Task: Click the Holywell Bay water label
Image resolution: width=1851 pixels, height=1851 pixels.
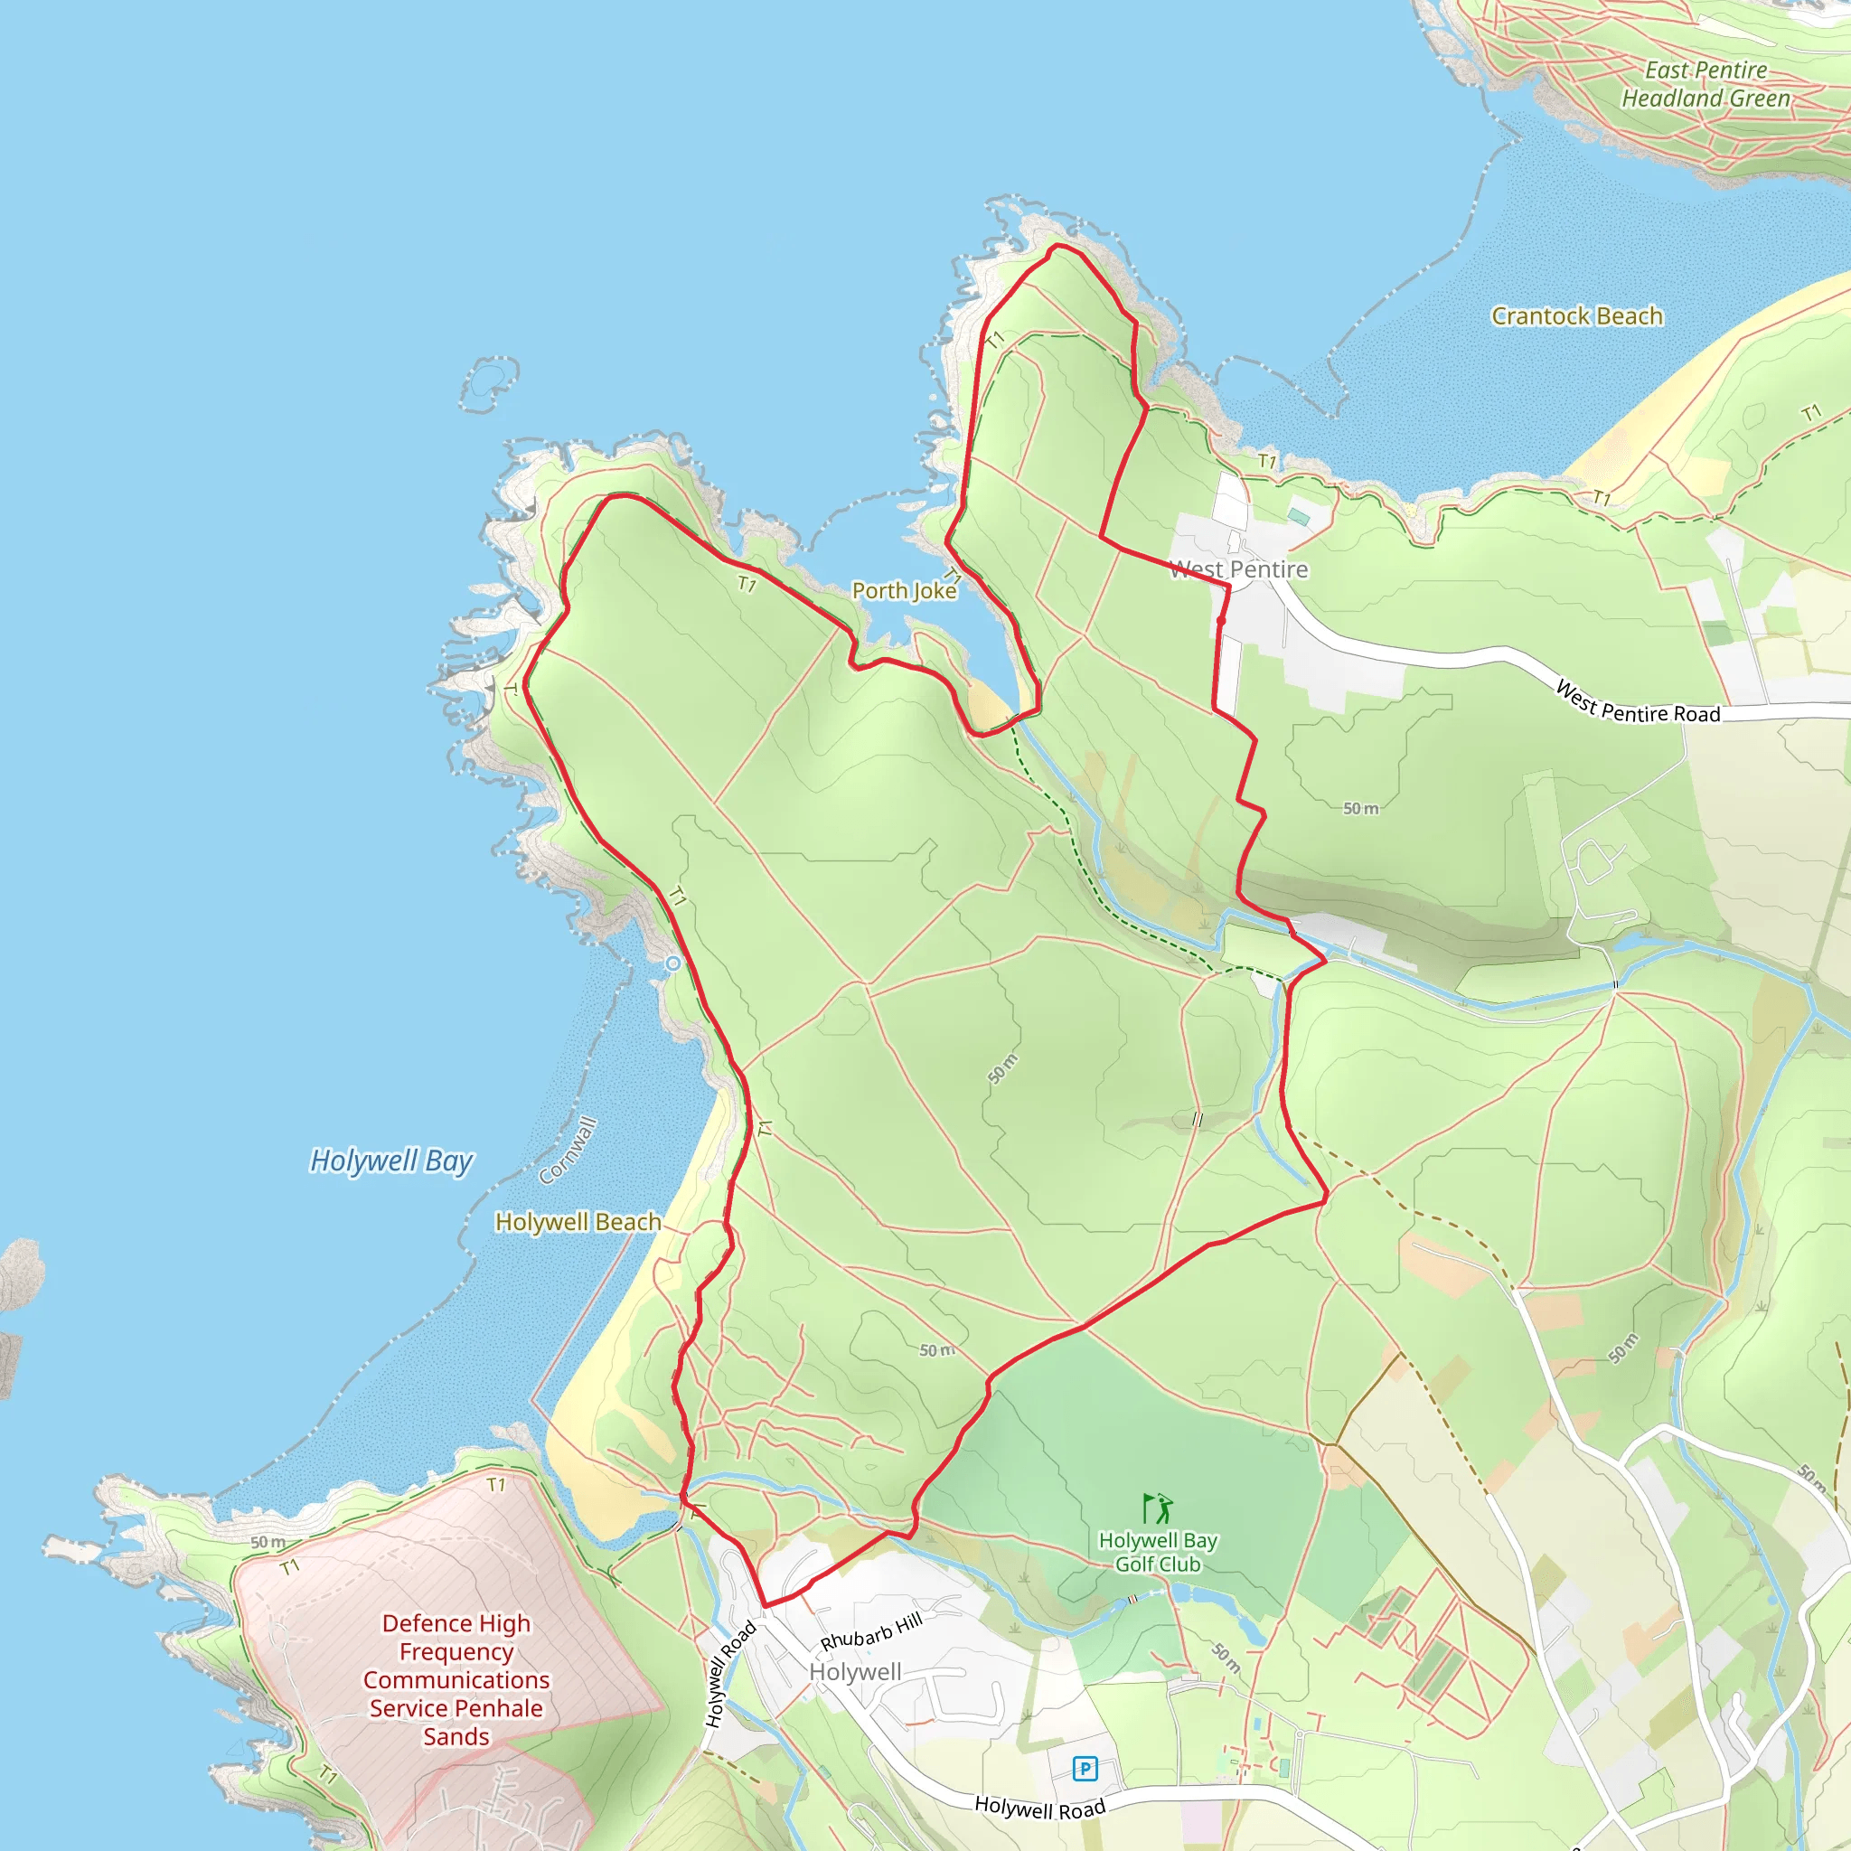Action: click(x=390, y=1160)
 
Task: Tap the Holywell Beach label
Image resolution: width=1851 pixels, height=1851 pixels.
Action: click(x=578, y=1222)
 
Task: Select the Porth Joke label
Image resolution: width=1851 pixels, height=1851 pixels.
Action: click(x=904, y=590)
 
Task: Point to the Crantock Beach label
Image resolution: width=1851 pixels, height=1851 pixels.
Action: click(x=1576, y=316)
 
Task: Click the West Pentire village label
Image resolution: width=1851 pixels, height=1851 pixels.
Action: click(x=1238, y=569)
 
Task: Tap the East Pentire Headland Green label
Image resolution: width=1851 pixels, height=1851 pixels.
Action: click(x=1705, y=84)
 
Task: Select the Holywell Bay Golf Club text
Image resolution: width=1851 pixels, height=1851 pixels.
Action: click(x=1158, y=1552)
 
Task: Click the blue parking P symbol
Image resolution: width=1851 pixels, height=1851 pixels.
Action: click(x=1085, y=1768)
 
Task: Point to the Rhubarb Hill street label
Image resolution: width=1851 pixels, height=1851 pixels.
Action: click(x=871, y=1630)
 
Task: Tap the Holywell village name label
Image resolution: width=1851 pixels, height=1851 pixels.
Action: click(x=855, y=1672)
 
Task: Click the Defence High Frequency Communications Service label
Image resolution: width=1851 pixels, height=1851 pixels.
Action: click(x=456, y=1679)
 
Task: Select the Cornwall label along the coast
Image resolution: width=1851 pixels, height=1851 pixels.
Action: click(x=568, y=1151)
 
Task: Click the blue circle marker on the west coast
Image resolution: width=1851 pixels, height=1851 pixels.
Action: click(x=673, y=963)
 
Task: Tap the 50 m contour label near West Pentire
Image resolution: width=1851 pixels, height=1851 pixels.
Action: click(x=1359, y=809)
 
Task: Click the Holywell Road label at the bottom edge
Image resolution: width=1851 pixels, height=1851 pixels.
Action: click(x=1039, y=1808)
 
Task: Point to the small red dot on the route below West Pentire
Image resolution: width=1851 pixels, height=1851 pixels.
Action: click(x=1220, y=621)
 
